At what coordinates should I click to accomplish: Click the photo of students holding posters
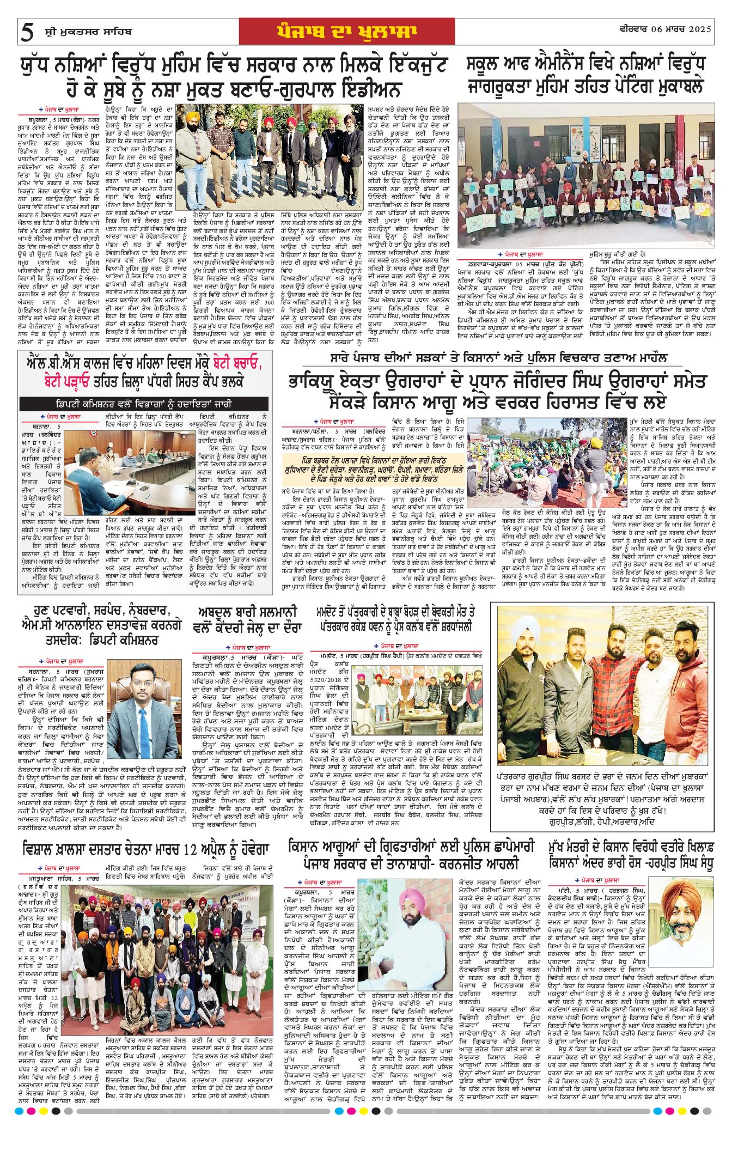pos(586,175)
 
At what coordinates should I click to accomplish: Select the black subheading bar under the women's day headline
pos(144,404)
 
